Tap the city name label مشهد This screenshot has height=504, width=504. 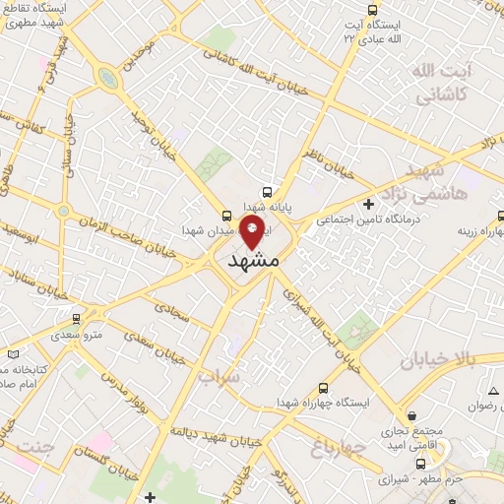tap(253, 262)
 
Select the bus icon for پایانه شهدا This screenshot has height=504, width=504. tap(267, 192)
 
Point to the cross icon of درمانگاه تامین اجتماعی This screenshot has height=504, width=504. tap(368, 205)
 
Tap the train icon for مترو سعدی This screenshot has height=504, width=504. tap(76, 319)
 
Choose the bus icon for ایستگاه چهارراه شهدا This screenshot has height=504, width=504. tap(324, 388)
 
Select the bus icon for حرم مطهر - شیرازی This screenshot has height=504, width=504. tap(421, 464)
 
